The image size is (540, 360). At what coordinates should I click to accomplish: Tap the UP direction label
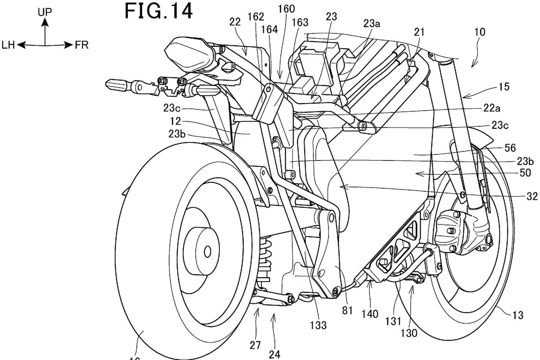tap(45, 12)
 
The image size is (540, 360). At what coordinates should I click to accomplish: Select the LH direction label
tap(8, 45)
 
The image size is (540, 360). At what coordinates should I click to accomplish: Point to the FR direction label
tap(82, 45)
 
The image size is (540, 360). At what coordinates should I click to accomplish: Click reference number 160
tap(286, 9)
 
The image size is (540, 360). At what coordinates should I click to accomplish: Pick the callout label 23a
tap(372, 24)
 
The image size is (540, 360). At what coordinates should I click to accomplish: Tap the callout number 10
tap(480, 32)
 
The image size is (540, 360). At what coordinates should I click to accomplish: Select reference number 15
tap(504, 87)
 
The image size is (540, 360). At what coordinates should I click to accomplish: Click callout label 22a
tap(492, 108)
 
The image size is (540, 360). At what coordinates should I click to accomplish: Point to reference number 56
tap(510, 148)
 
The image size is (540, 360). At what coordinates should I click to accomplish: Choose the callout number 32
tap(532, 196)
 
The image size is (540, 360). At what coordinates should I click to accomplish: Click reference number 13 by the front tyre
tap(517, 315)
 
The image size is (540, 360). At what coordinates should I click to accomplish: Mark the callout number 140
tap(370, 314)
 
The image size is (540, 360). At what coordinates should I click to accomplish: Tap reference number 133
tap(318, 325)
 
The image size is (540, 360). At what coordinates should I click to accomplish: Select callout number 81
tap(347, 310)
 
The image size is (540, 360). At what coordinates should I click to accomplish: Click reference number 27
tap(255, 345)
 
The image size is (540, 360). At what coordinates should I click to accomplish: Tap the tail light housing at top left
tap(188, 55)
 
